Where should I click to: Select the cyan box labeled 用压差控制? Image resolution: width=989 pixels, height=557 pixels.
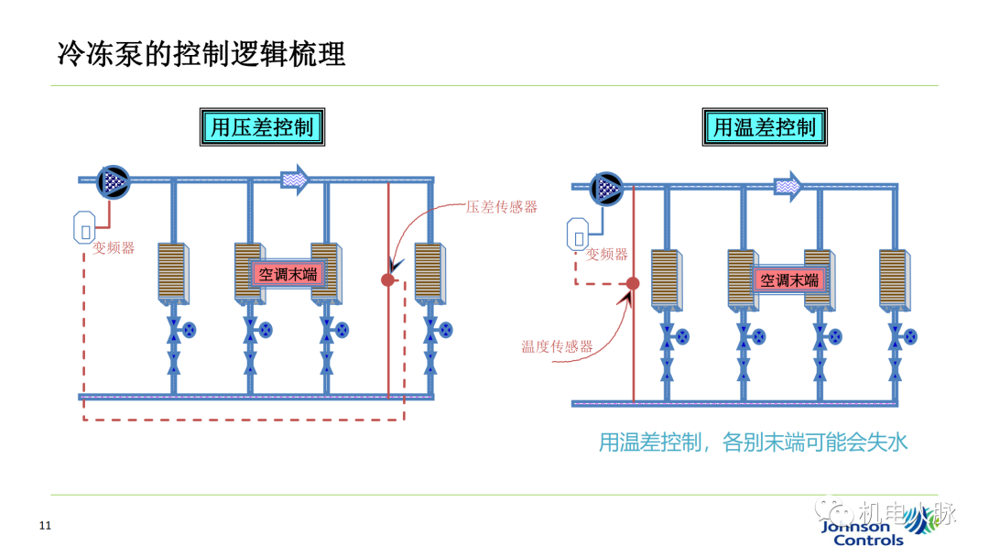pos(263,126)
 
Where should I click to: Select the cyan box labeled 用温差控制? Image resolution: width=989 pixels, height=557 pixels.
pos(765,126)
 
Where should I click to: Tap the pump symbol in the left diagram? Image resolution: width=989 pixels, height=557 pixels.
pos(114,180)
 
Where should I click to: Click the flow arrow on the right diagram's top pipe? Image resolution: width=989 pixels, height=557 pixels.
pos(788,187)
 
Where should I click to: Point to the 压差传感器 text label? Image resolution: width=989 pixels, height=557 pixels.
pos(502,207)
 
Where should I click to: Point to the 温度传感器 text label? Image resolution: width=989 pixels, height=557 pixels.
pos(558,346)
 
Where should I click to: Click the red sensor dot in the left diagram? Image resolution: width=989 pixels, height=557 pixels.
pos(387,279)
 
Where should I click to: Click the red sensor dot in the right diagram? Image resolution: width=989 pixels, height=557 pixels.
pos(633,284)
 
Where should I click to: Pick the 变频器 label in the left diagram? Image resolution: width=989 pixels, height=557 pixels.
pos(114,247)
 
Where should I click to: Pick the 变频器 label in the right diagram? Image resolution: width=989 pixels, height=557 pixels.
pos(607,255)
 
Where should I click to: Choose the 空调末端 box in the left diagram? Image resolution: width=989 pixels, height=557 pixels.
pos(289,273)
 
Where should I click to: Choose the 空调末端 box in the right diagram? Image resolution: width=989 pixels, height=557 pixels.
pos(789,279)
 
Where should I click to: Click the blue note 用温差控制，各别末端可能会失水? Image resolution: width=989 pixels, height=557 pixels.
pos(753,443)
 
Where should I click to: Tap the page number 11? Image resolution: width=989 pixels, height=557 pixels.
pos(45,526)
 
